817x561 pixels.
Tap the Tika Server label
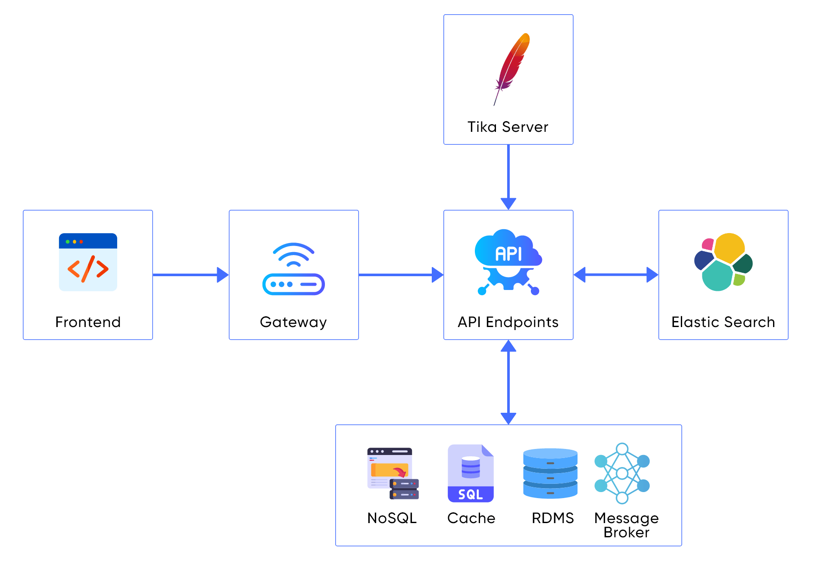pos(508,127)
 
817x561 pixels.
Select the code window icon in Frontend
pos(88,262)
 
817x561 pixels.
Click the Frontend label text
pos(88,322)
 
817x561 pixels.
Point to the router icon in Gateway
pos(293,269)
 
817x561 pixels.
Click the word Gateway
pos(293,322)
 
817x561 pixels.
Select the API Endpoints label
pos(508,322)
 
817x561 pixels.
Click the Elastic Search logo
pos(723,262)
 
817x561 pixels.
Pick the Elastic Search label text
pos(723,322)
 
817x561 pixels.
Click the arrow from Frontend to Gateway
pos(190,274)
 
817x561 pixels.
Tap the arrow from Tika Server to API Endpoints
pos(508,177)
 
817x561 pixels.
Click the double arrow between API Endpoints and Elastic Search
pos(616,274)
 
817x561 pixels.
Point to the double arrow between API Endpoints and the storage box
pos(508,382)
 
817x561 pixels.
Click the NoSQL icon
pos(393,474)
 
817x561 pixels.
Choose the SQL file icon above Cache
pos(471,474)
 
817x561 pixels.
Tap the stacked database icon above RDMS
pos(550,474)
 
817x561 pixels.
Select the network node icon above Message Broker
pos(622,474)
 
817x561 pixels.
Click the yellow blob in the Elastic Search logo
pos(729,247)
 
